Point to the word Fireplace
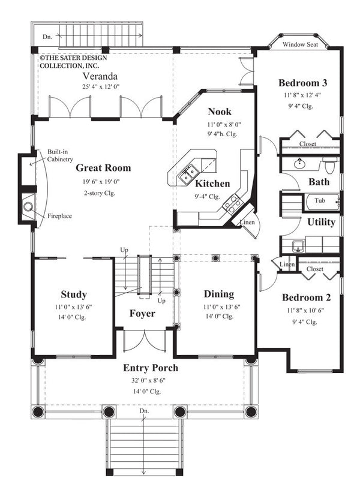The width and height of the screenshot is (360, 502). pyautogui.click(x=58, y=215)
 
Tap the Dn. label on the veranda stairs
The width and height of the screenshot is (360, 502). pyautogui.click(x=47, y=37)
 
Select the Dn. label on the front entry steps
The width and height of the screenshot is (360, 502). pyautogui.click(x=144, y=411)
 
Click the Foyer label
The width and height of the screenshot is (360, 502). pyautogui.click(x=142, y=314)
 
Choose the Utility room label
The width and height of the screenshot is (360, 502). pyautogui.click(x=321, y=222)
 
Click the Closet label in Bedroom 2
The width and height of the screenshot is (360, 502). pyautogui.click(x=314, y=269)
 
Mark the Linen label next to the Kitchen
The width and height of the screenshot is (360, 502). pyautogui.click(x=248, y=223)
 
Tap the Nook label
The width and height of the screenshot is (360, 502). pyautogui.click(x=220, y=112)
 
